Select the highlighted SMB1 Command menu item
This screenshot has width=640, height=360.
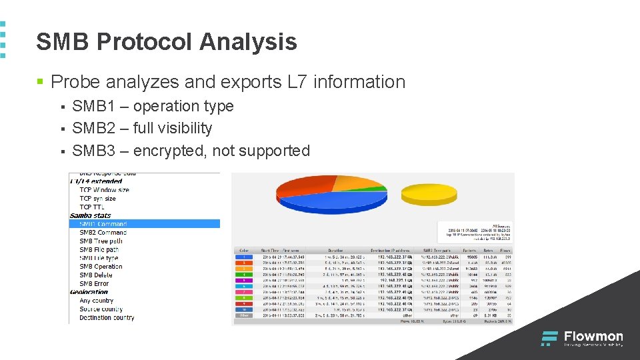point(103,224)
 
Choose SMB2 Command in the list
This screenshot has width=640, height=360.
point(103,233)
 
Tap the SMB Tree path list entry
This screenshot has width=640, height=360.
point(101,241)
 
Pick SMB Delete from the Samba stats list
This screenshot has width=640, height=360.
point(96,275)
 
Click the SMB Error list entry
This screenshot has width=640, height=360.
point(94,284)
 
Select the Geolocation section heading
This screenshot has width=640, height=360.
point(89,292)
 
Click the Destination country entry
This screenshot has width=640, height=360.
point(107,318)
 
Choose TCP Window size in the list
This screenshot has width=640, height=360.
point(105,190)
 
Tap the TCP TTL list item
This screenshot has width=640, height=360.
point(91,207)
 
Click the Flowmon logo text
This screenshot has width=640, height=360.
point(593,336)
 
